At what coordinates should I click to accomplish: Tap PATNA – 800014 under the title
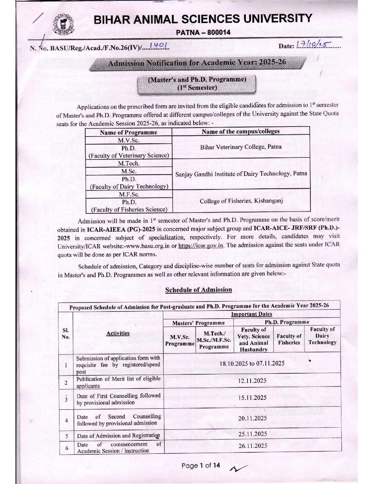[x=203, y=33]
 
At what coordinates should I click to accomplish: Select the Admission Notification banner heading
[x=197, y=63]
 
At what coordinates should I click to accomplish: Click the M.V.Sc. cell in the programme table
[x=129, y=140]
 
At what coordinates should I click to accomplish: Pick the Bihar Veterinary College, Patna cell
[x=241, y=147]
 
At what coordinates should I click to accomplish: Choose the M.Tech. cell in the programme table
[x=129, y=163]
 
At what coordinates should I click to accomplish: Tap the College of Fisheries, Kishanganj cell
[x=241, y=201]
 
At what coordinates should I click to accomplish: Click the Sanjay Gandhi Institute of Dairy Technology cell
[x=241, y=174]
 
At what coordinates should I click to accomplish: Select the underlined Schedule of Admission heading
[x=198, y=290]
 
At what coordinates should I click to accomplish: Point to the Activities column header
[x=118, y=333]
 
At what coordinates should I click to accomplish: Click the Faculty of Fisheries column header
[x=289, y=339]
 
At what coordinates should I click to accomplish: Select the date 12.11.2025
[x=252, y=381]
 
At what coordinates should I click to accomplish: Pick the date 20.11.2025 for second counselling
[x=252, y=418]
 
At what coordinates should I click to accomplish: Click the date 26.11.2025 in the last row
[x=253, y=446]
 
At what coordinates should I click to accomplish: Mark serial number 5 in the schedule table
[x=66, y=436]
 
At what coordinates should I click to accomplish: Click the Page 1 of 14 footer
[x=200, y=466]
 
